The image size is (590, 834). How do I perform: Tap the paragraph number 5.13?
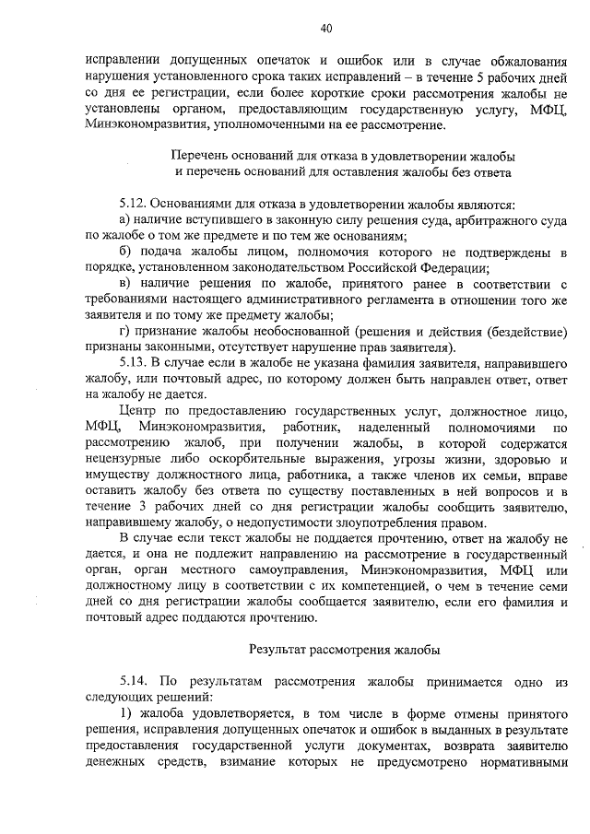click(x=134, y=361)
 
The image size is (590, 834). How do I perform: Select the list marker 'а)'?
click(x=126, y=218)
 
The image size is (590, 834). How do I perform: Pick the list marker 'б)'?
click(x=126, y=251)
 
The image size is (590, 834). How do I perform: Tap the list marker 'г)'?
click(x=125, y=330)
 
